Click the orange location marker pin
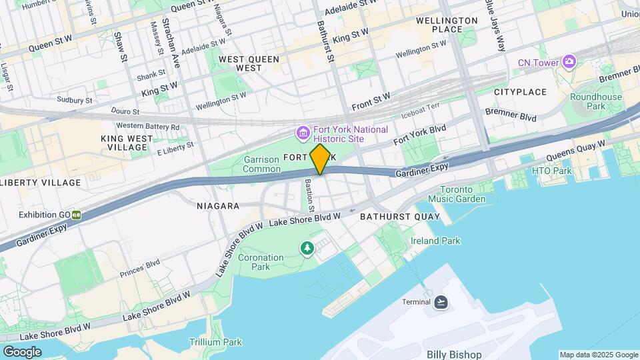[320, 159]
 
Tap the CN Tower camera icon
[569, 63]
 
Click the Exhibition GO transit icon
[77, 215]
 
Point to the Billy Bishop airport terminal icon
[440, 303]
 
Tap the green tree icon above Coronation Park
[307, 249]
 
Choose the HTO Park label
[552, 171]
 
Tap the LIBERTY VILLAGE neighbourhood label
[40, 183]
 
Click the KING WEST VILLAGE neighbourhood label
[127, 143]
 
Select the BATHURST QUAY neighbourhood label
[400, 217]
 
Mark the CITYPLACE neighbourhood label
[520, 92]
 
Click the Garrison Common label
[261, 165]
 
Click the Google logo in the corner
[22, 351]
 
